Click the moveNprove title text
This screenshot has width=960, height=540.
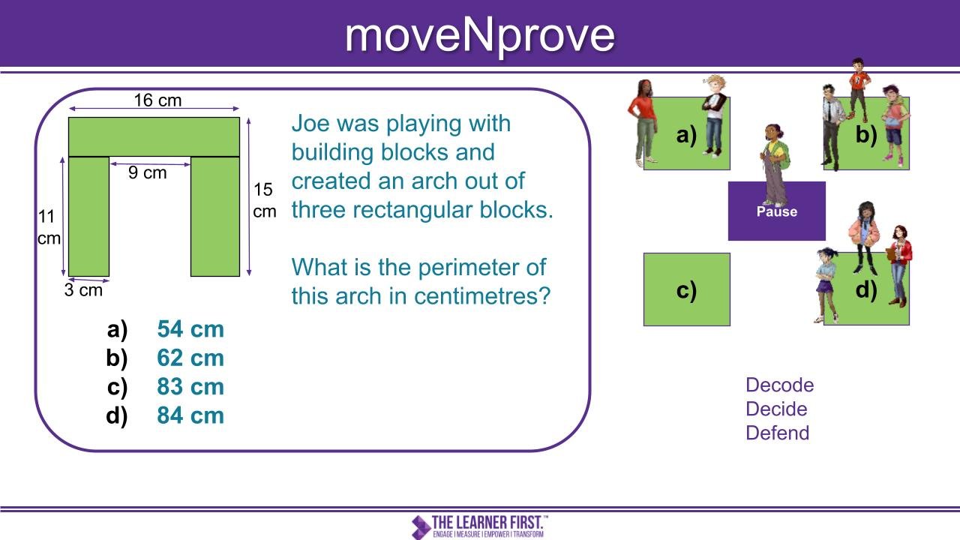click(x=480, y=37)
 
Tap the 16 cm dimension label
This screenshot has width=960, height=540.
click(x=157, y=100)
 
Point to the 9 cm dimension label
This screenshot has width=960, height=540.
click(x=147, y=172)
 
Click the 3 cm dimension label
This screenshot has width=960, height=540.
click(x=83, y=290)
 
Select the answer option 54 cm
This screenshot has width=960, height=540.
click(x=190, y=329)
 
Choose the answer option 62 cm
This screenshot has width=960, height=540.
click(x=190, y=358)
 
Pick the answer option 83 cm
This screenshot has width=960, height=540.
click(x=190, y=386)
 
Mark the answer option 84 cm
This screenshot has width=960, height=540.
click(x=190, y=415)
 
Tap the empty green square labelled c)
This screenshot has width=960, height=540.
click(x=686, y=289)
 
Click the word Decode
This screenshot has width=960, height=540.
click(x=779, y=385)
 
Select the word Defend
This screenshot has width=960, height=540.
click(x=778, y=433)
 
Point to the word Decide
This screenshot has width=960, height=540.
click(x=776, y=409)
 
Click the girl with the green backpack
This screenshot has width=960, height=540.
click(x=775, y=165)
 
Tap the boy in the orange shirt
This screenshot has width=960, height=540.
click(x=859, y=90)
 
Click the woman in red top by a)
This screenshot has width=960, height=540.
click(x=643, y=122)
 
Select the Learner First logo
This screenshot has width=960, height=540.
click(x=479, y=526)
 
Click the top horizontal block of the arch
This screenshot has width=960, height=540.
click(x=154, y=137)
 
